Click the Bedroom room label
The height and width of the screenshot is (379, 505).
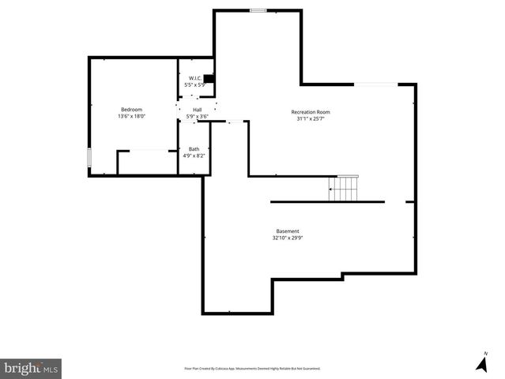131,109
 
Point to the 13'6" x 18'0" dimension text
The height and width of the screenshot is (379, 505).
131,117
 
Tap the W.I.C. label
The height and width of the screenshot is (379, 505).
194,77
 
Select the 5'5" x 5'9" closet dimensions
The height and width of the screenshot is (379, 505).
194,84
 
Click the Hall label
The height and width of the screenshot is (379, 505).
197,110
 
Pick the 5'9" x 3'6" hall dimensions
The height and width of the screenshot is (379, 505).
197,117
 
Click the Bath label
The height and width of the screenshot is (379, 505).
194,149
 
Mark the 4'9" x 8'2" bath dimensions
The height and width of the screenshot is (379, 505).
194,156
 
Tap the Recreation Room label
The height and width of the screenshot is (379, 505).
310,112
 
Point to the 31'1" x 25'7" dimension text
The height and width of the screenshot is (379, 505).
310,119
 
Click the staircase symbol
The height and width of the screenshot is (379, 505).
344,189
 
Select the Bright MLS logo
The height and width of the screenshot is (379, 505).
32,368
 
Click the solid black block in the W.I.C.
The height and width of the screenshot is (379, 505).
209,78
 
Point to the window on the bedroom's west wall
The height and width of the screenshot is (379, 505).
89,157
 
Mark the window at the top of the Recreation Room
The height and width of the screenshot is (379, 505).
258,10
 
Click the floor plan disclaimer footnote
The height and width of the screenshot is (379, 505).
252,369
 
